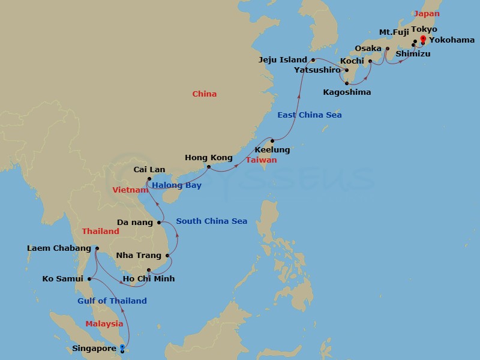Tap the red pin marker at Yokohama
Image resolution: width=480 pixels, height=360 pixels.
click(422, 40)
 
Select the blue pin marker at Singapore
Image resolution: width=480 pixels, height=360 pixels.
click(122, 348)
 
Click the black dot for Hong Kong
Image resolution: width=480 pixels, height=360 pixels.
click(209, 167)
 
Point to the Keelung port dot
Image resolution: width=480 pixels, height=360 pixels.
click(272, 141)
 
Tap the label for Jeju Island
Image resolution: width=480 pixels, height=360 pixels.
click(283, 60)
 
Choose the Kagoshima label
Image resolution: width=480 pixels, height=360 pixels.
click(347, 92)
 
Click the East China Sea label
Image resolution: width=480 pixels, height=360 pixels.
click(310, 115)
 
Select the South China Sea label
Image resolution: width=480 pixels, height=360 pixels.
click(212, 221)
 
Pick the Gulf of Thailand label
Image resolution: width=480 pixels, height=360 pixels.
click(112, 301)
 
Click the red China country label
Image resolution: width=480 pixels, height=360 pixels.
click(205, 94)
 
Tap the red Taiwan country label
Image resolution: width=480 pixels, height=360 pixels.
click(262, 160)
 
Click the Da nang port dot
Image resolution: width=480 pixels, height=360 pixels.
click(159, 223)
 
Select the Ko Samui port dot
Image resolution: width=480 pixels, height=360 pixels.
click(89, 278)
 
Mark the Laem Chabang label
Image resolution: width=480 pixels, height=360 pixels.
click(59, 248)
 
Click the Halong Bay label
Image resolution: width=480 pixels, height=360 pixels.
click(176, 185)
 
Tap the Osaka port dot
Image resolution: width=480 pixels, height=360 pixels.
click(387, 49)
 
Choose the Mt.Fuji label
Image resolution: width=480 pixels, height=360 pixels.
click(394, 31)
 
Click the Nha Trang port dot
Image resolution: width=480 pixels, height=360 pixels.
click(168, 256)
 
